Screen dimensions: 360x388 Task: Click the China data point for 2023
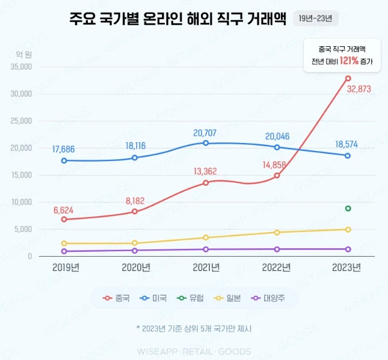348,78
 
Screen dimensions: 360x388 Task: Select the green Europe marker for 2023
348,209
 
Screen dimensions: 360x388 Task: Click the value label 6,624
64,210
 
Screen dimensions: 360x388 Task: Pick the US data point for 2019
64,160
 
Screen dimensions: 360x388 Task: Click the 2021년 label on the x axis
206,267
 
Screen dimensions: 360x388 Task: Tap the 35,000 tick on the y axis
21,67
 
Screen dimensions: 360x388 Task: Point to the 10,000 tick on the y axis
21,202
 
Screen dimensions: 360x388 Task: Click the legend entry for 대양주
265,297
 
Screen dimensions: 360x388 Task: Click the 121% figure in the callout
349,61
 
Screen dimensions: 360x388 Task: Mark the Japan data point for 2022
277,232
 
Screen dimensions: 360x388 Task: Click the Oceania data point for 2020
135,250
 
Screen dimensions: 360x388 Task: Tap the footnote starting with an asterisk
194,329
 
